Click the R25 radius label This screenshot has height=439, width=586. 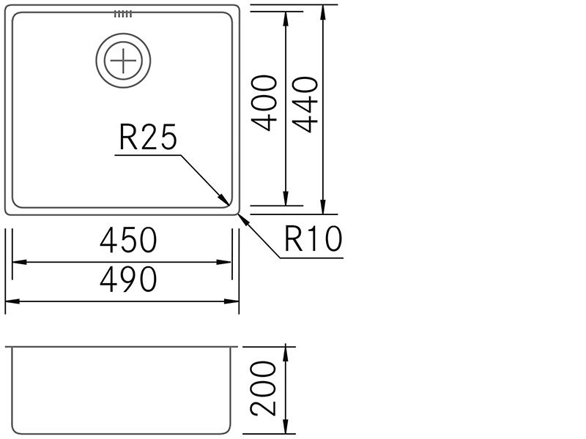(148, 138)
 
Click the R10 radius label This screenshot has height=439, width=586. (314, 239)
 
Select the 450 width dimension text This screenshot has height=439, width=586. (129, 241)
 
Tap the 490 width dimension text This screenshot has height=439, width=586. (129, 279)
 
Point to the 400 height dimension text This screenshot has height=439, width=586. (264, 103)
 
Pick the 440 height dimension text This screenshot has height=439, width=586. (305, 105)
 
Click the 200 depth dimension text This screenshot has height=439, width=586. (263, 389)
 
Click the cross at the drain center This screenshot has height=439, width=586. (123, 61)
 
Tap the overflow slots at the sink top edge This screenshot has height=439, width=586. (123, 14)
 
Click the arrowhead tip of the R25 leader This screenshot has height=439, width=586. (229, 204)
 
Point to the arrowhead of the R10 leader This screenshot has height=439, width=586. (240, 214)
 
